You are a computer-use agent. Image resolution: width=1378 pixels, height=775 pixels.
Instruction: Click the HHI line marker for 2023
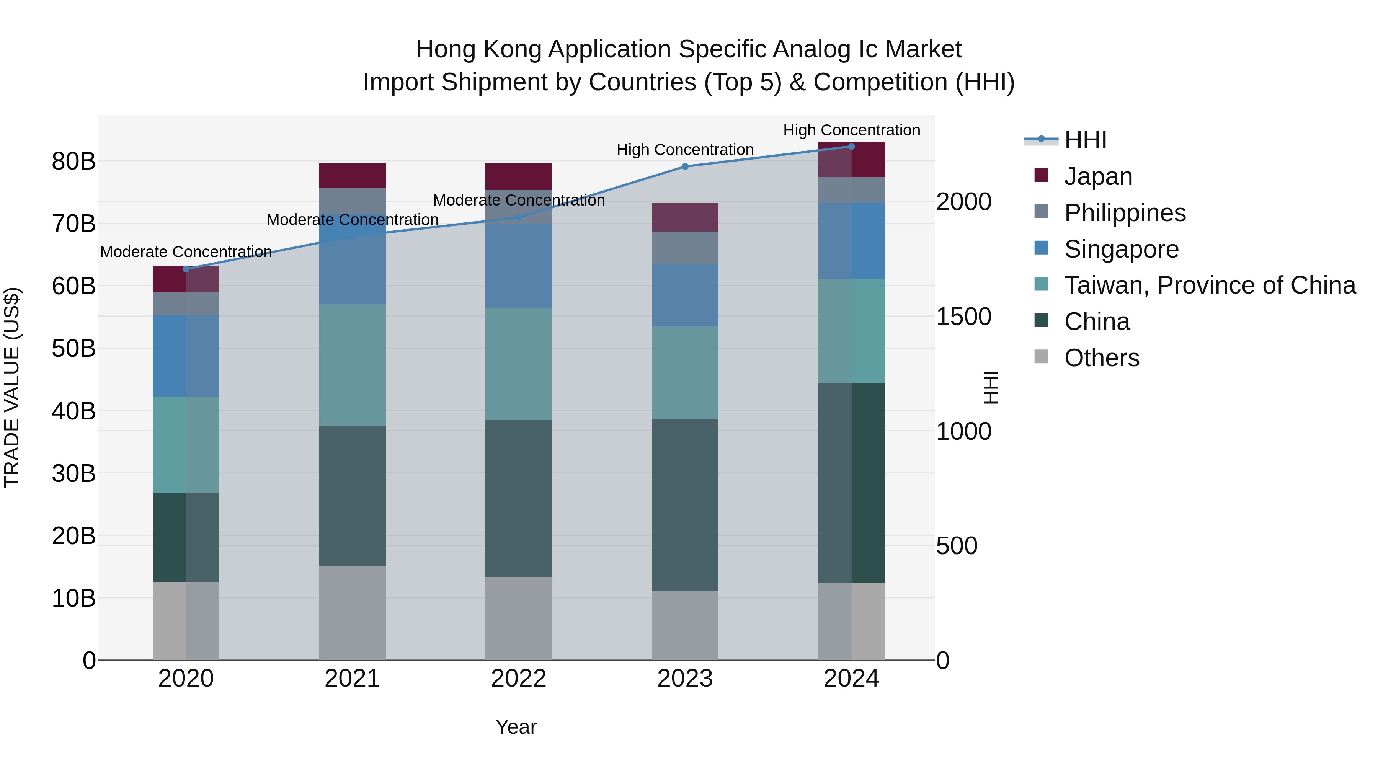tap(685, 166)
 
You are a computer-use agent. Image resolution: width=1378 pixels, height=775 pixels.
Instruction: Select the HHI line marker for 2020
tap(186, 269)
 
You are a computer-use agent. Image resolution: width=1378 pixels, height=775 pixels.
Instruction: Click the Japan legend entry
tap(1098, 176)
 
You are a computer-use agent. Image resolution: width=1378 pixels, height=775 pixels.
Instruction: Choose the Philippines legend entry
tap(1125, 213)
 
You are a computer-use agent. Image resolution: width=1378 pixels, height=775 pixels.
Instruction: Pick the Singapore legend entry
tap(1121, 249)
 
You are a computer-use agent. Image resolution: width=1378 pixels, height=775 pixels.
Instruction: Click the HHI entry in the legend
tap(1085, 140)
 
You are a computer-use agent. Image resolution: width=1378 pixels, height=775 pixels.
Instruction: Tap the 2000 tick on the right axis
tap(963, 202)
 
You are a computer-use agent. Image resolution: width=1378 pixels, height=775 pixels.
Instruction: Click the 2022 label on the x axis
tap(518, 679)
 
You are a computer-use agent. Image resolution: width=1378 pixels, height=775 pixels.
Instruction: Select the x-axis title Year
tap(516, 727)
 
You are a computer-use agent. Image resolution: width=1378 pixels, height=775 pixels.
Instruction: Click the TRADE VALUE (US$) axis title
tap(12, 387)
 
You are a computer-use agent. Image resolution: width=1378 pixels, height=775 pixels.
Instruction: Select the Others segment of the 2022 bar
tap(518, 618)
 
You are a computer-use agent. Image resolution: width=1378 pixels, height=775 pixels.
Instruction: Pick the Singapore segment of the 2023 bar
tap(685, 295)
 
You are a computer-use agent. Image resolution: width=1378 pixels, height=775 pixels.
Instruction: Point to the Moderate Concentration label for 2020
tap(186, 251)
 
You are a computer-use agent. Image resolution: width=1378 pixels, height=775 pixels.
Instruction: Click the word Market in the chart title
tap(923, 49)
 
